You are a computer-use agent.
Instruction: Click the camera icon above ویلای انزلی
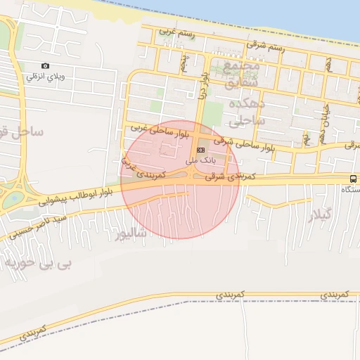46,66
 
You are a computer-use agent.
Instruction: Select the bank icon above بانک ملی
202,150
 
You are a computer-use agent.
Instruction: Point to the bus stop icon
353,179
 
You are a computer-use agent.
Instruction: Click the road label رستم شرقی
265,47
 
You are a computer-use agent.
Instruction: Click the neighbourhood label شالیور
131,232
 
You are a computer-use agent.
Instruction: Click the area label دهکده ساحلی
246,111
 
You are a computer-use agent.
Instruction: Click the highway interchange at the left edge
12,191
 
